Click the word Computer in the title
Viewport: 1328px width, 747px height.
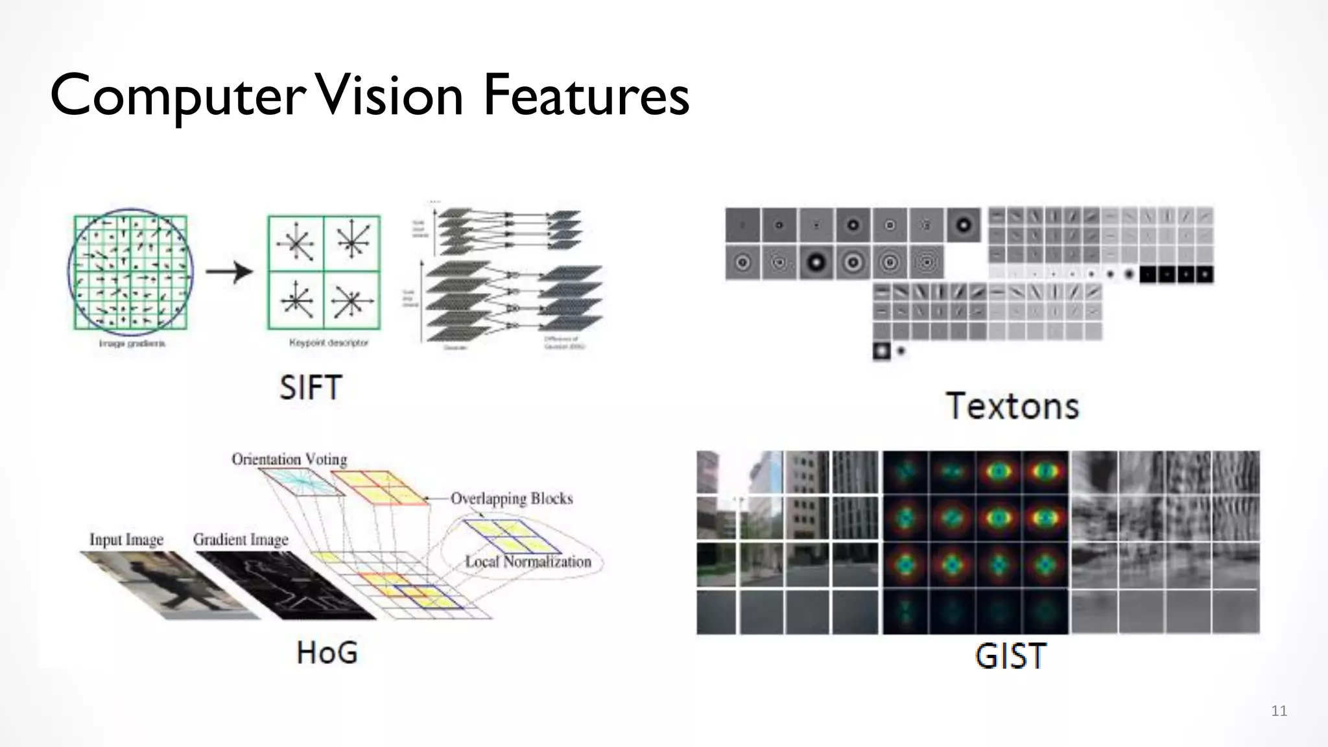(176, 96)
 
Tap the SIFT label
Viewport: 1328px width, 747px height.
(311, 388)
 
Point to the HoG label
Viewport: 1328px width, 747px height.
(327, 652)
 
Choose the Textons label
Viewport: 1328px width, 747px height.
(1012, 407)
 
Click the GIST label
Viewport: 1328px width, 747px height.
(1010, 656)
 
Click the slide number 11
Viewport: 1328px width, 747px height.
(1279, 711)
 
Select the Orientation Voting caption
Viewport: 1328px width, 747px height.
(289, 459)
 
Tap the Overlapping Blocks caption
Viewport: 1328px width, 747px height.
(512, 499)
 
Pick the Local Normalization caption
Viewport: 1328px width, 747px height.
(528, 562)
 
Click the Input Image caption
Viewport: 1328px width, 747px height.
(126, 539)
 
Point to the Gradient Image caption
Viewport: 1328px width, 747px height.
(241, 539)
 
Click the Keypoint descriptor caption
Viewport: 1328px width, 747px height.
(328, 342)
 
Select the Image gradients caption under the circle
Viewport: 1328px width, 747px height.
(132, 344)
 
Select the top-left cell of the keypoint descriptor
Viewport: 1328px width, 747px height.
(296, 244)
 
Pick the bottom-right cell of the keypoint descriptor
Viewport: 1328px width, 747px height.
(351, 301)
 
